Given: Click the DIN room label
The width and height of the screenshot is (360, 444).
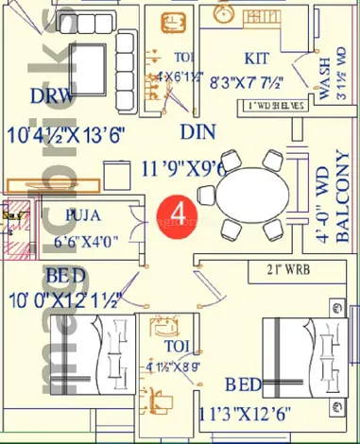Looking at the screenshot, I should pos(196,131).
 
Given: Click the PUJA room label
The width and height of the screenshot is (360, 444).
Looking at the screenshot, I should pos(82,215).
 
